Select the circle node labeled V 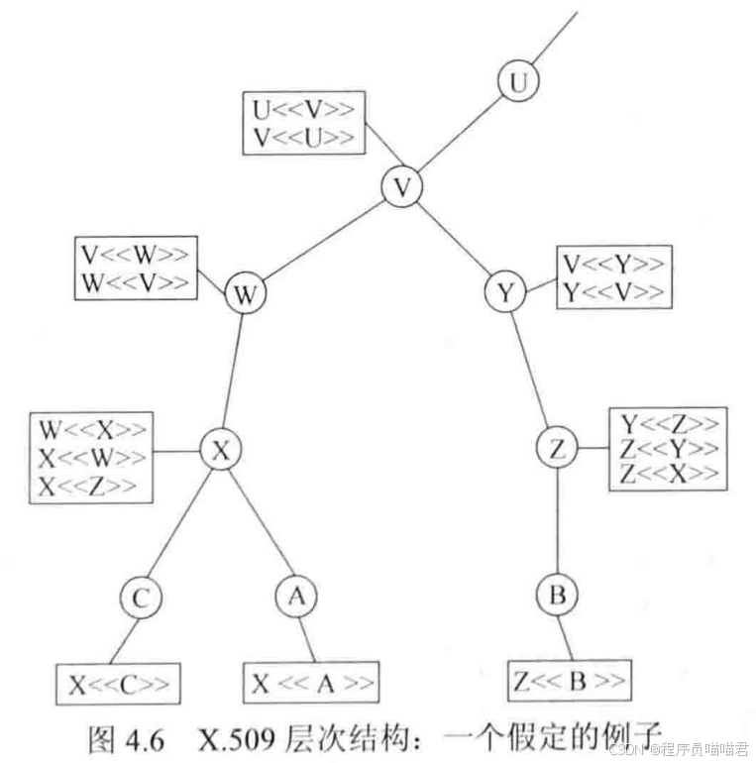pos(402,186)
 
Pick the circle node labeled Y pos(506,291)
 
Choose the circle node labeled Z pos(557,449)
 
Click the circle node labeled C pos(141,597)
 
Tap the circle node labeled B pos(557,596)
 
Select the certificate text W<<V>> pos(136,281)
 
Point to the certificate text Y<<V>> pos(614,292)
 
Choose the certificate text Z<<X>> pos(667,474)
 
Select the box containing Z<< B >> pos(571,680)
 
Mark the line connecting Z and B pos(557,522)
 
